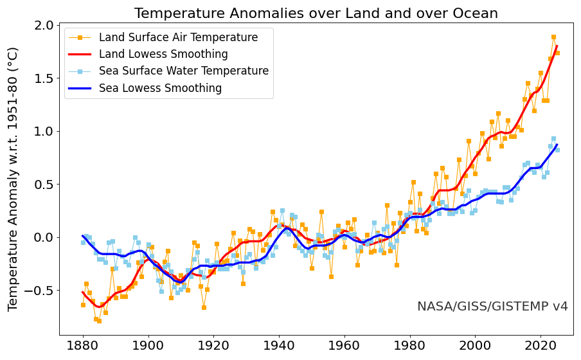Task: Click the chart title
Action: click(x=316, y=14)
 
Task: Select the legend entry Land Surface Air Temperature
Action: click(x=178, y=37)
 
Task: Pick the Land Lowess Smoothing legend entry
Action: click(x=163, y=54)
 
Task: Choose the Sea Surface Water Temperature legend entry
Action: click(x=183, y=71)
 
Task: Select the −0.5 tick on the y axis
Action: click(x=40, y=291)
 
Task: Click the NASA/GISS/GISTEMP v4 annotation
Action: click(x=492, y=307)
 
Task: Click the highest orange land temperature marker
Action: click(x=553, y=37)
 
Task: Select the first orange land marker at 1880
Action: click(x=83, y=305)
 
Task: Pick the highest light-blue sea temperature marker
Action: click(x=553, y=139)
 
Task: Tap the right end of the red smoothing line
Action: click(x=557, y=46)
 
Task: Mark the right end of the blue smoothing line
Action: click(x=557, y=145)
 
